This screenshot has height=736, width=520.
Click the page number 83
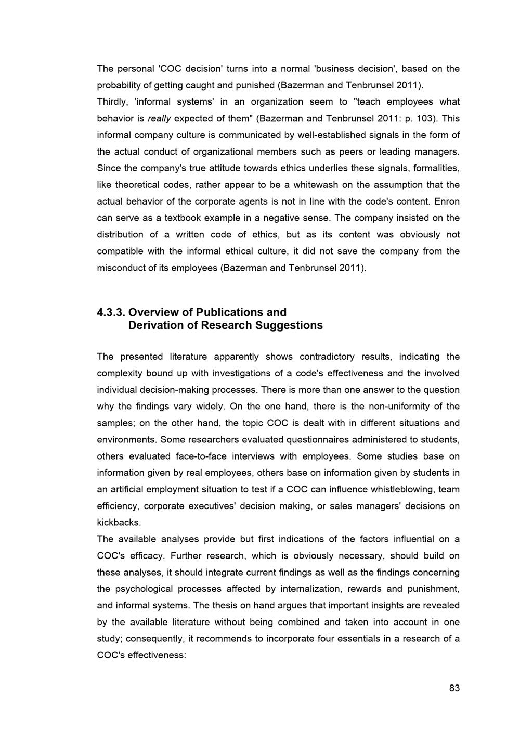click(x=454, y=688)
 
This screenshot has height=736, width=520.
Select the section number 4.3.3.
click(x=111, y=312)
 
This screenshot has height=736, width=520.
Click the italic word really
click(x=159, y=118)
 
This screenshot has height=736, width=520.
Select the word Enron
click(x=447, y=201)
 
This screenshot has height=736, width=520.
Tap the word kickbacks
click(x=119, y=523)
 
